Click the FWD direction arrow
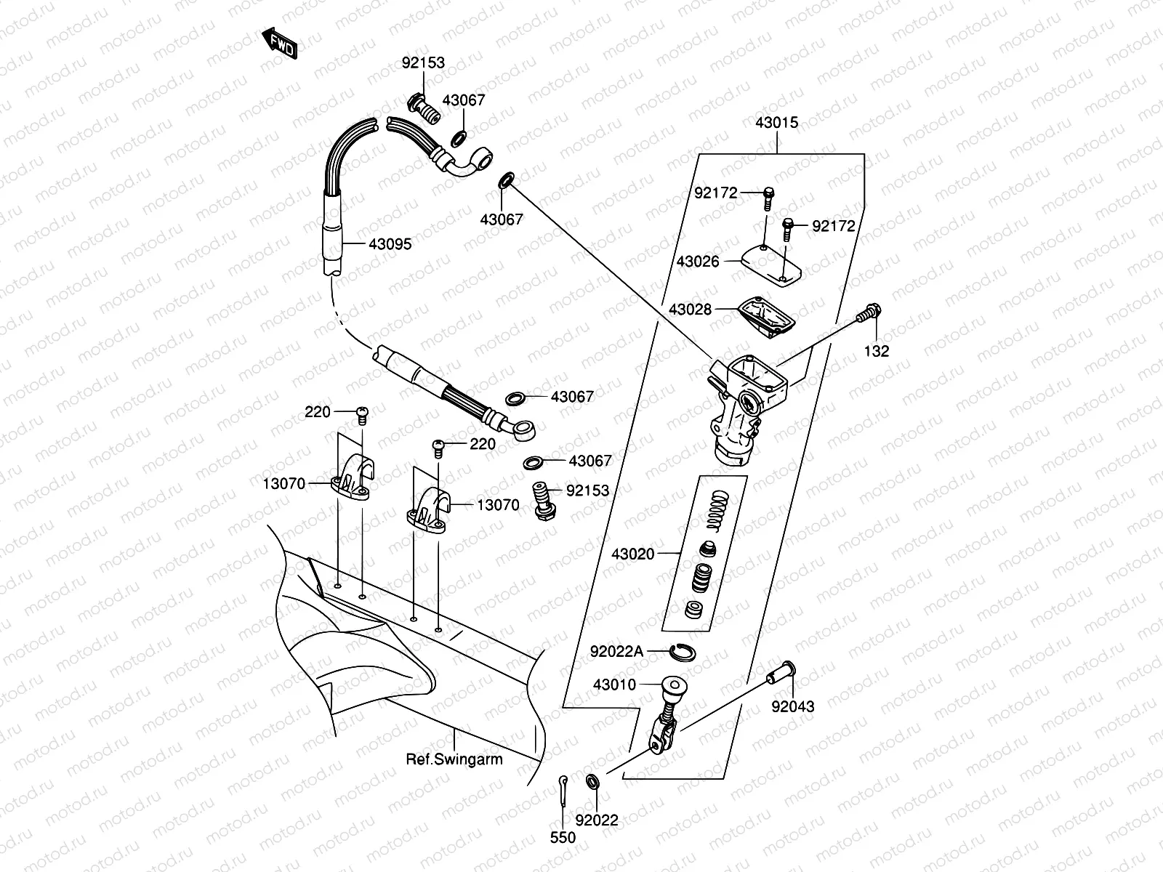tap(279, 45)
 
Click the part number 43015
tap(776, 123)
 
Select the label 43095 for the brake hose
tap(390, 244)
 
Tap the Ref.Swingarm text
tap(454, 759)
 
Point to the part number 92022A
tap(617, 652)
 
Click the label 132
tap(877, 351)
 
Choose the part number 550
tap(563, 838)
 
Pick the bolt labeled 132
tap(870, 314)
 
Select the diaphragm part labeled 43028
tap(766, 316)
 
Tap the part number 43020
tap(632, 554)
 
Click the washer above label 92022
tap(592, 781)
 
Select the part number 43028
tap(690, 310)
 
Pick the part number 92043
tap(793, 706)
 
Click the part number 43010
tap(614, 685)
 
